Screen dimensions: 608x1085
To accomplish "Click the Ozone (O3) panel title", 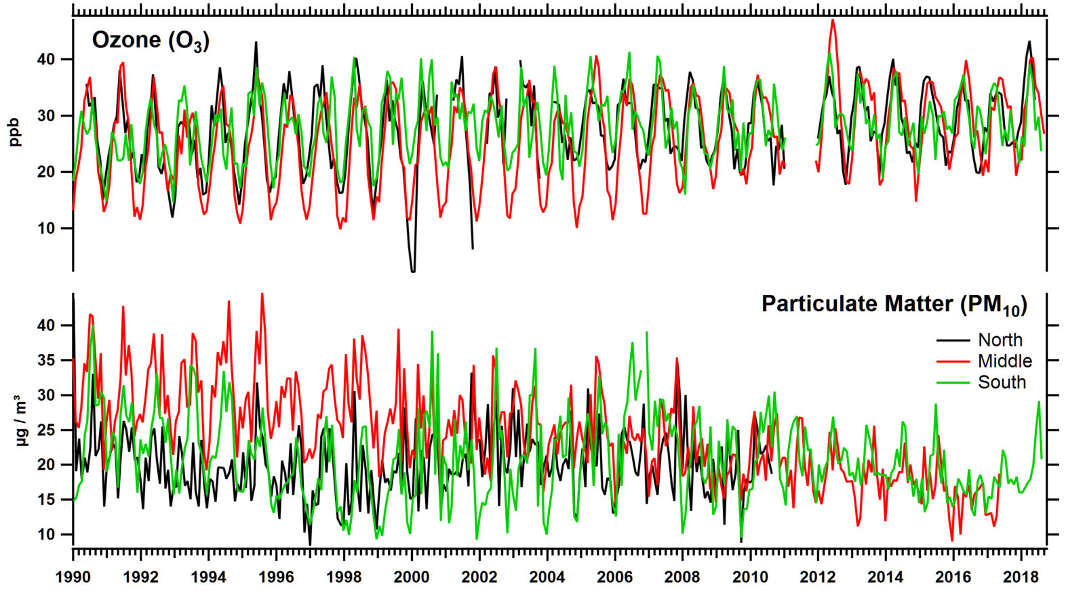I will tap(151, 41).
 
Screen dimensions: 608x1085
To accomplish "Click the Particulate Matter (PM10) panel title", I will tap(894, 304).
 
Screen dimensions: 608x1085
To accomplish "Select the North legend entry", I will tap(1000, 340).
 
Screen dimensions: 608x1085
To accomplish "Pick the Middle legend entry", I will tap(1004, 361).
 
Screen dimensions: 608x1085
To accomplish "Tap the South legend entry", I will tap(1002, 382).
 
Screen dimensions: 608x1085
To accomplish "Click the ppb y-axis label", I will tap(15, 132).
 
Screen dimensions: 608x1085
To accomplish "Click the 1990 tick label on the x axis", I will tap(73, 577).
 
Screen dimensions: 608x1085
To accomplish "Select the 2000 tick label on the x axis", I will tap(412, 577).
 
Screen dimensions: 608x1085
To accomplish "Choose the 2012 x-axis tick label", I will tap(818, 577).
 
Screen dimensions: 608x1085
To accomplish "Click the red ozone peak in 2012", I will tap(832, 20).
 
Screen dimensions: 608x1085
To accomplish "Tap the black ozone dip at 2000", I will tap(412, 271).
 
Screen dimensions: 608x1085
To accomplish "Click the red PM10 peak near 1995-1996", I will tap(262, 295).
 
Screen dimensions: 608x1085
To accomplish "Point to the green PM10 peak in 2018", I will tap(1038, 402).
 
